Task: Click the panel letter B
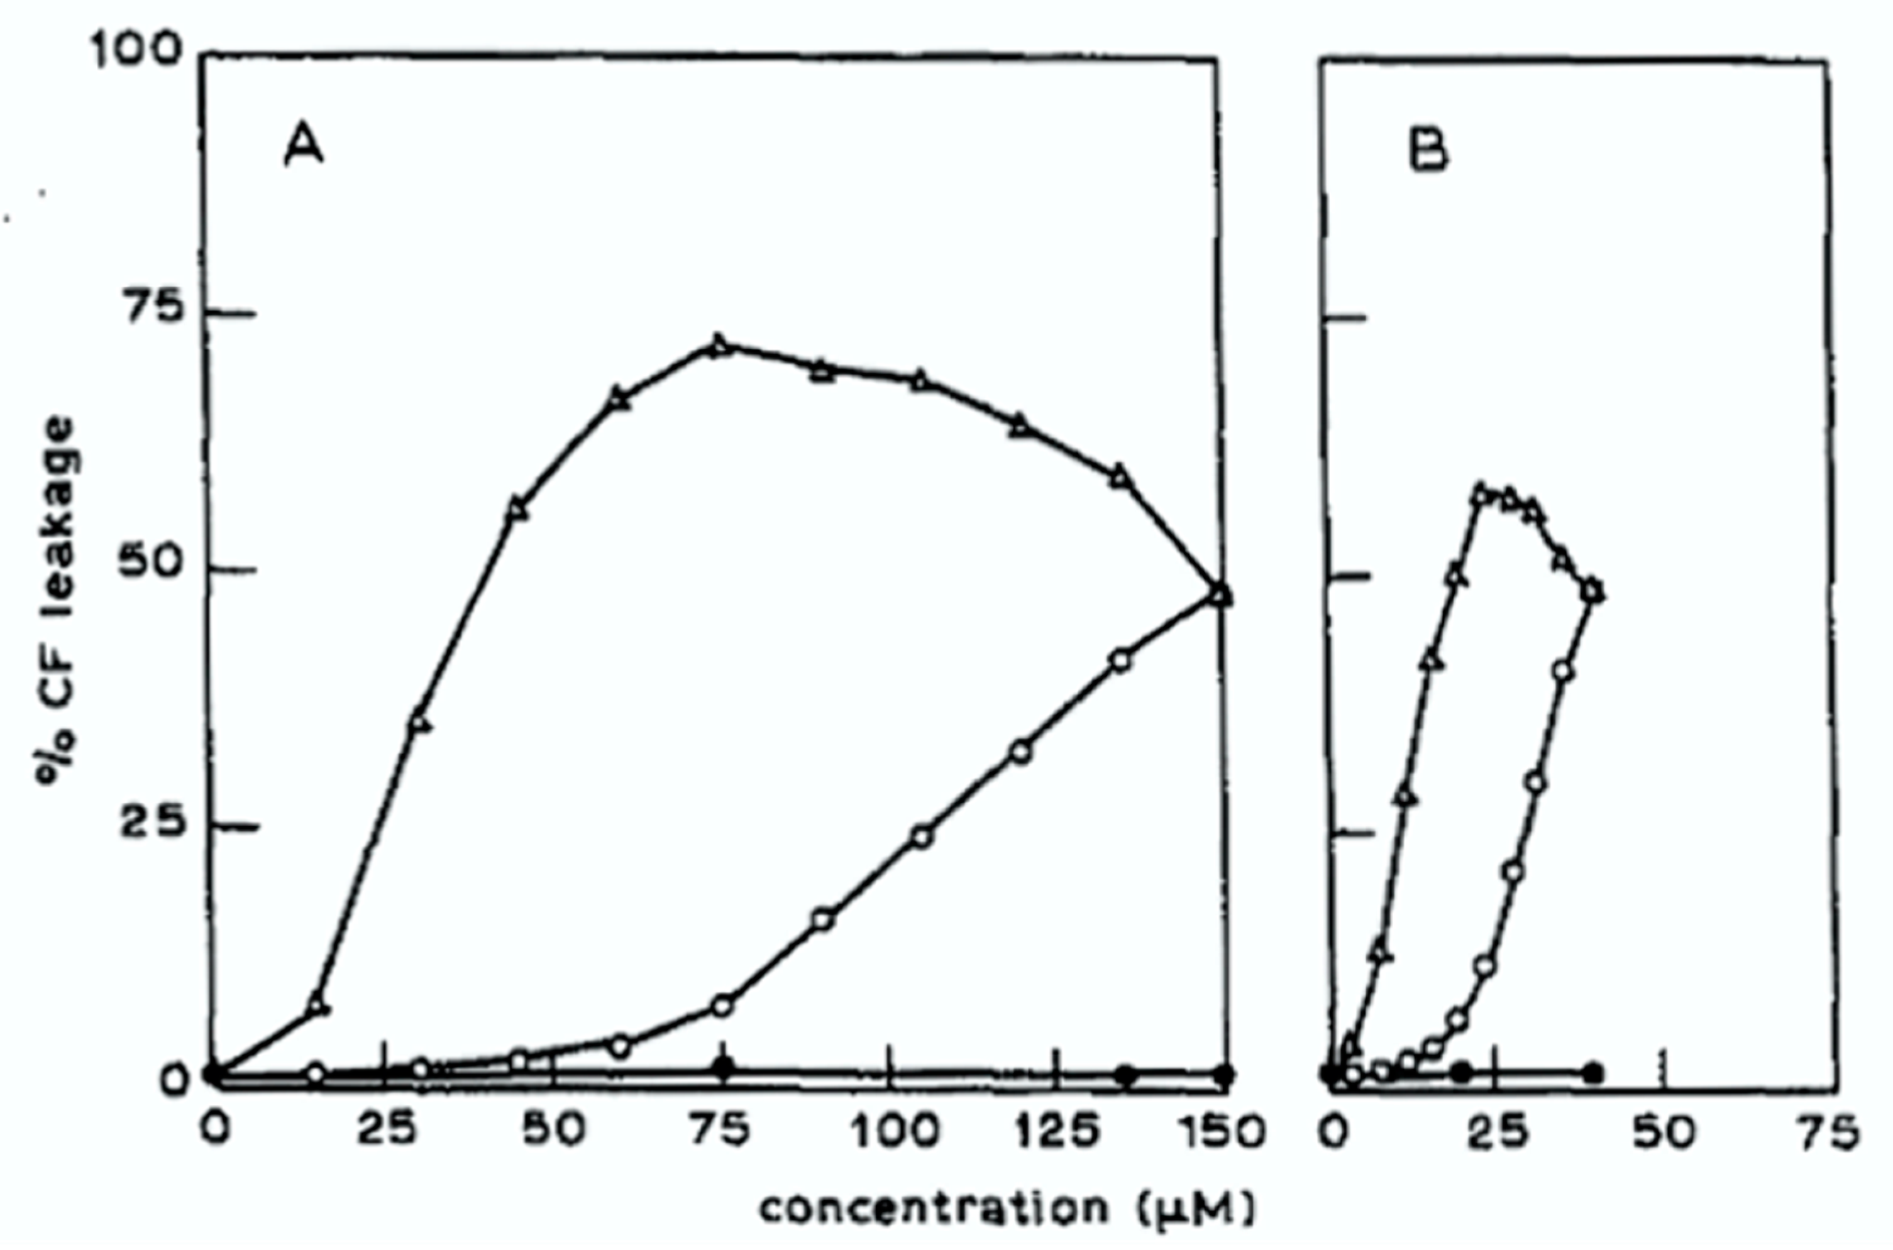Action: point(1428,151)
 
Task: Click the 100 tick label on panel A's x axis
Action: point(894,1132)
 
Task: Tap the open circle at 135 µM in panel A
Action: point(1120,662)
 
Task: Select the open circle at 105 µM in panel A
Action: point(922,838)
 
